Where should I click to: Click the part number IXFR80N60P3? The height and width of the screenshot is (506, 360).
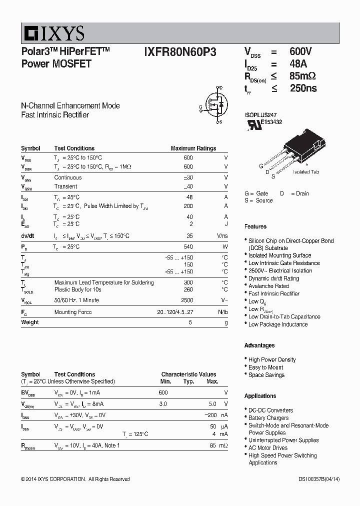point(180,52)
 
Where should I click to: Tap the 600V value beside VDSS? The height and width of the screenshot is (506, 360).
point(301,51)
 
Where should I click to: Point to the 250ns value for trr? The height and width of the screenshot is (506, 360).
point(303,88)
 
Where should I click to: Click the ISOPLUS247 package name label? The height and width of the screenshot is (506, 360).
point(260,114)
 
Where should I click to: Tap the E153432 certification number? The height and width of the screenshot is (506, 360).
point(271,122)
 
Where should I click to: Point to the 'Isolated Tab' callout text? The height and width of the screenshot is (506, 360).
point(306,172)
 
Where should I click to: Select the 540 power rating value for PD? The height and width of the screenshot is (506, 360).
point(188,247)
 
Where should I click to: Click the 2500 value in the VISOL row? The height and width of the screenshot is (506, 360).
point(186,300)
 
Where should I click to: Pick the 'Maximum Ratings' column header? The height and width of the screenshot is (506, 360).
point(193,148)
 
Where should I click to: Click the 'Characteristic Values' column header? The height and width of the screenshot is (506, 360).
point(188,374)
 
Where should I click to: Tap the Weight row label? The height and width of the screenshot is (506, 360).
point(30,322)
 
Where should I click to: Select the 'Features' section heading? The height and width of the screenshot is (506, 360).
point(255,226)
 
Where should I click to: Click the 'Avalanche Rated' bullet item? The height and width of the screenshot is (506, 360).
point(268,286)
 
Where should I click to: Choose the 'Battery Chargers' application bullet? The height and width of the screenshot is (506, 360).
point(268,417)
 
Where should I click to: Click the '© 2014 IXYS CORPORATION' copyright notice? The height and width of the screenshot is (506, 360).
point(75,479)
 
